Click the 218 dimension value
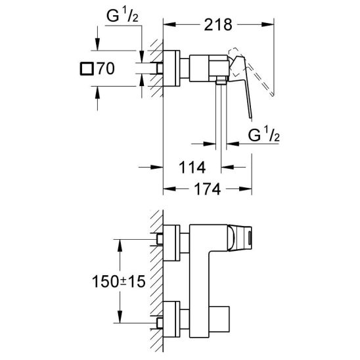(x=218, y=25)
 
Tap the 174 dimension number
(x=208, y=189)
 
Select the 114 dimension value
(x=192, y=168)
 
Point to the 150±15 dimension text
(x=119, y=281)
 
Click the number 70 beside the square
(x=106, y=68)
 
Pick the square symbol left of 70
(x=87, y=68)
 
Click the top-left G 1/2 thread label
(x=122, y=16)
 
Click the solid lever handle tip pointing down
(x=250, y=118)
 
